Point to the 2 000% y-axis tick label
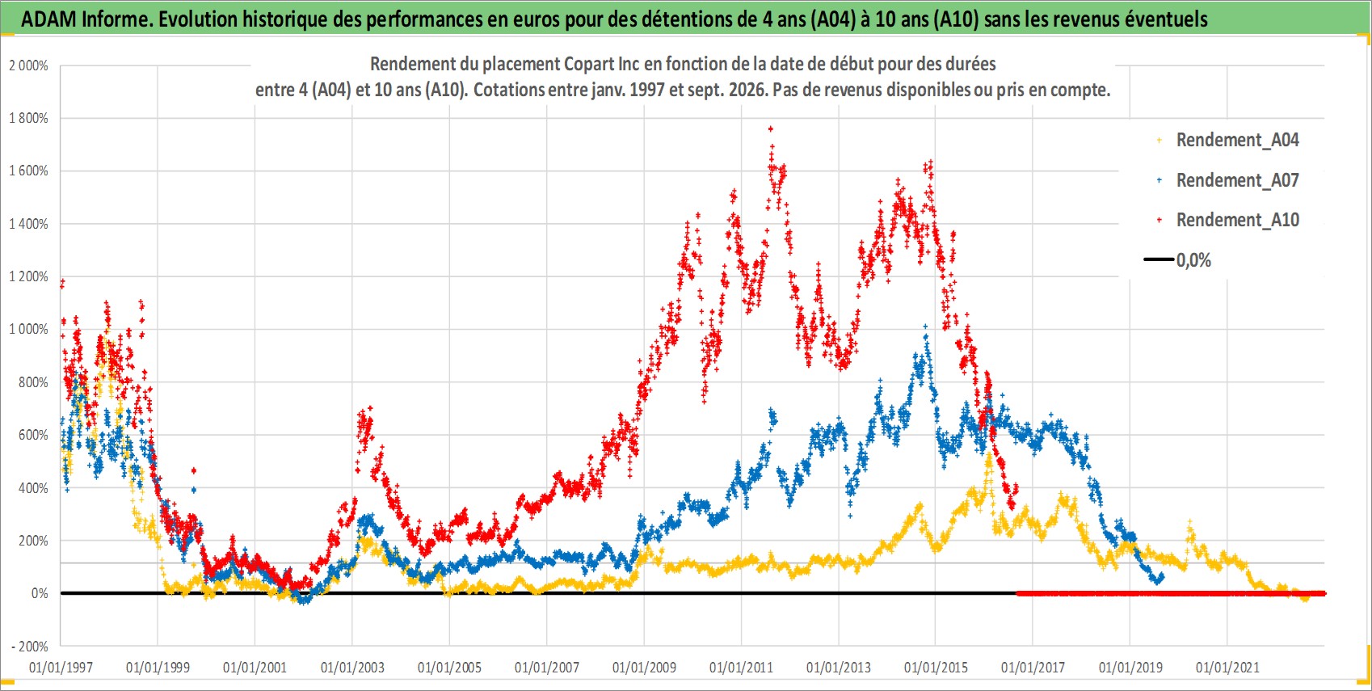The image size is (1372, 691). [28, 65]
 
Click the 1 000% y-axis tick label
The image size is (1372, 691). [28, 330]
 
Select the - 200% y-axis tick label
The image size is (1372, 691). [29, 647]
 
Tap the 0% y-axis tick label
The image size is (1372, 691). [40, 593]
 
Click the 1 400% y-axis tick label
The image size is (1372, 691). [28, 224]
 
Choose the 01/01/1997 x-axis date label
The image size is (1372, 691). [61, 667]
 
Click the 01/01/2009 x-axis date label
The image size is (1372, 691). [644, 667]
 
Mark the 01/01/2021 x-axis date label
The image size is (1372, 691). [1227, 667]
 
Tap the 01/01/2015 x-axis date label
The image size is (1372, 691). [936, 667]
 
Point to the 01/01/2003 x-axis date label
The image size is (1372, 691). [352, 667]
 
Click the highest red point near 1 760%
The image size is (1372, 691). [771, 129]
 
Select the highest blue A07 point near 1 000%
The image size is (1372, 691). [925, 327]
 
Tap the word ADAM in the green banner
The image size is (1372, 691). [49, 19]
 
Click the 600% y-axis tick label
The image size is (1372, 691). [34, 436]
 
